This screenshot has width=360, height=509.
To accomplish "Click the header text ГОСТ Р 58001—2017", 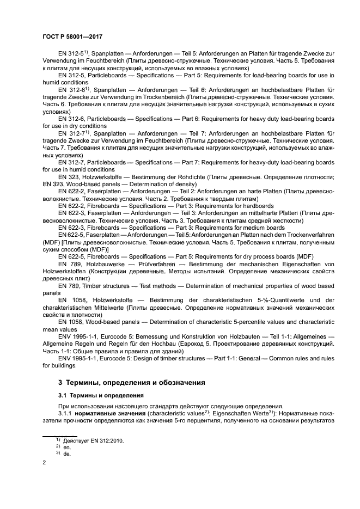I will click(72, 37).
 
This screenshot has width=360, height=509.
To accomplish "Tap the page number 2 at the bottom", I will click(45, 463).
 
